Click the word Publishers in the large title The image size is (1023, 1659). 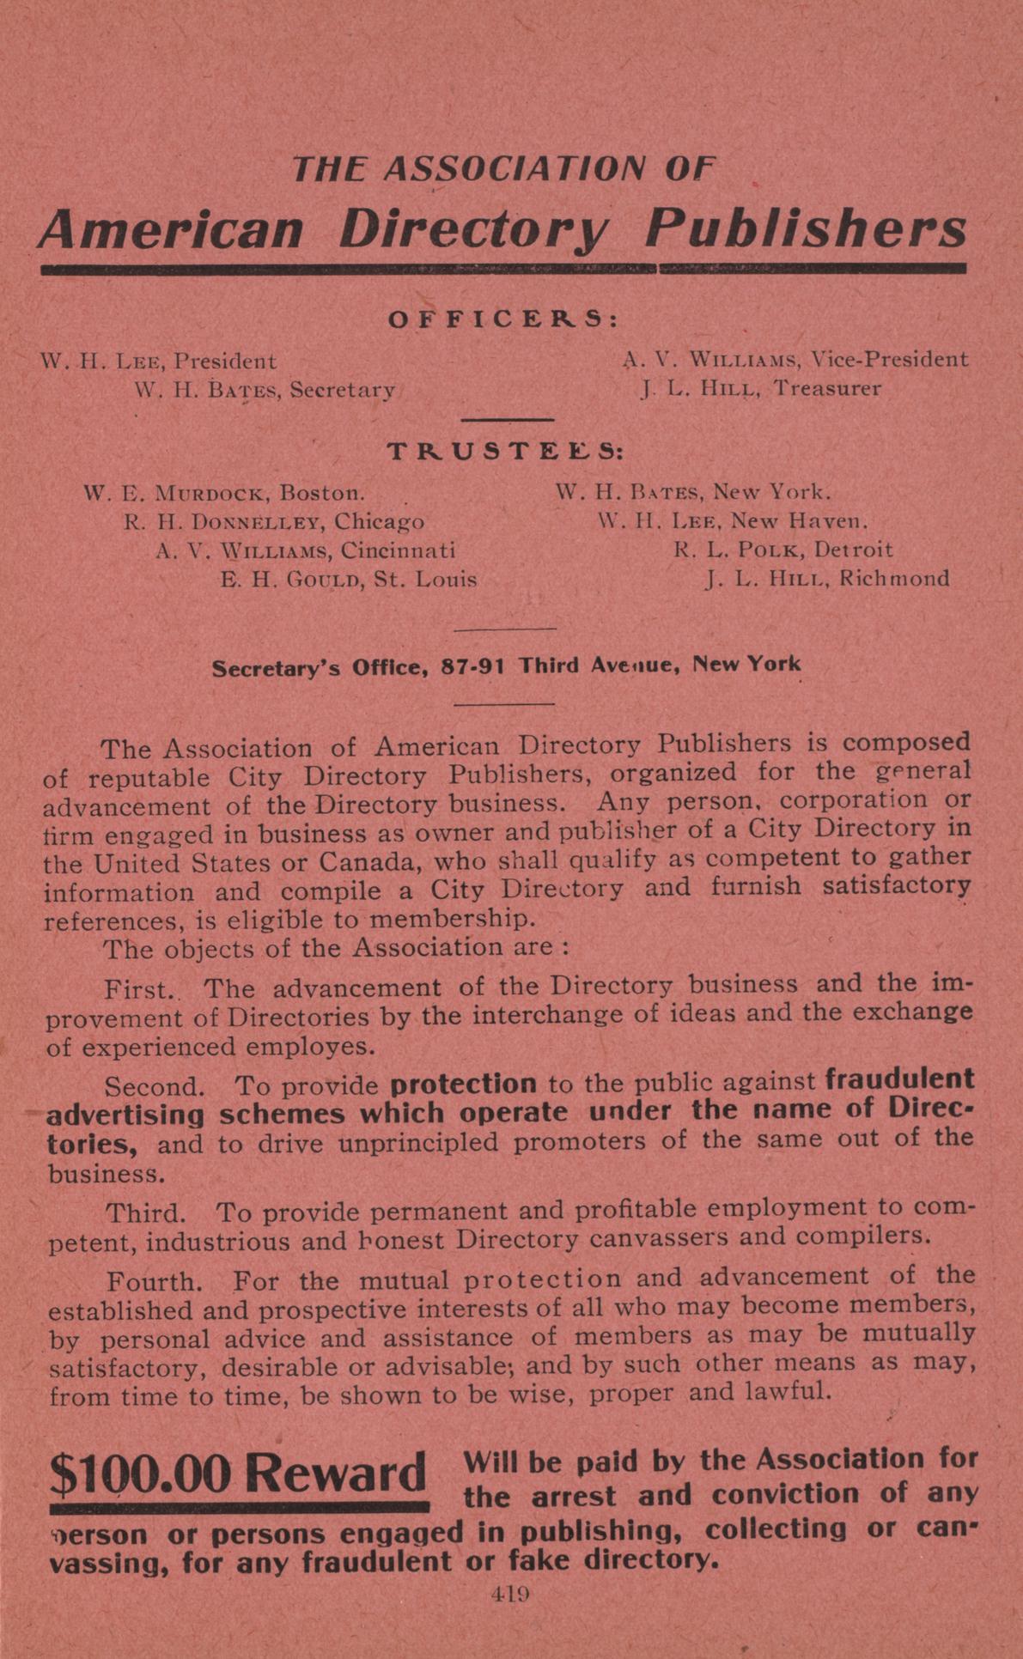[x=806, y=229]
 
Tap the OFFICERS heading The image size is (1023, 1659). [x=503, y=319]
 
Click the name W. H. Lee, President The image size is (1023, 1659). [x=159, y=362]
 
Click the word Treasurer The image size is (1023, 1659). [x=826, y=388]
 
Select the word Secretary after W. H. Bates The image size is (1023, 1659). [x=342, y=391]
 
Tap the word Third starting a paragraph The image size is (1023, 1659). [x=145, y=1213]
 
